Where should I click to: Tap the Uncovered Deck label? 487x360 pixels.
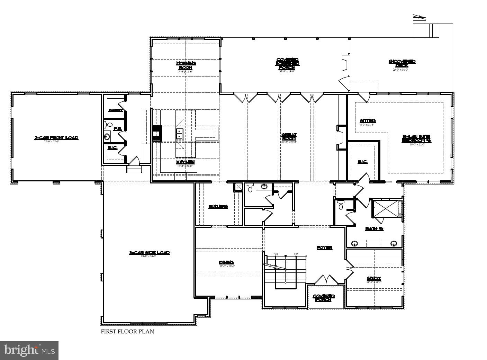tap(402, 63)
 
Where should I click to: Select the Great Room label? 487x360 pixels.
tap(289, 137)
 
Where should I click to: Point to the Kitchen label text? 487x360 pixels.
tap(186, 162)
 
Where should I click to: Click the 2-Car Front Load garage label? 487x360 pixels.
tap(56, 138)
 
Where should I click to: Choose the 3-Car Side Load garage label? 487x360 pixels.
tap(149, 253)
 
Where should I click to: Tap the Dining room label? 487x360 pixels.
tap(226, 262)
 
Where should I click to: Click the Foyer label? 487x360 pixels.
tap(325, 248)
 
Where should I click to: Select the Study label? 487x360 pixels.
tap(374, 278)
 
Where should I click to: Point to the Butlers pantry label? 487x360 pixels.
tap(218, 207)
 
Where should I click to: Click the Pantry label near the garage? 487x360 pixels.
tap(116, 110)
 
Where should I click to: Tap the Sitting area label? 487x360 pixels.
tap(368, 121)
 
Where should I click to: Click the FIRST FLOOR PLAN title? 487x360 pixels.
tap(127, 332)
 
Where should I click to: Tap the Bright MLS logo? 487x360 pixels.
tap(29, 350)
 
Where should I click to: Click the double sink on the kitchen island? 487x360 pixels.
tap(180, 134)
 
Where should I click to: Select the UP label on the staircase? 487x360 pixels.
tap(296, 254)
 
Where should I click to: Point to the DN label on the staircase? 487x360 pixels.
tap(276, 254)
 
